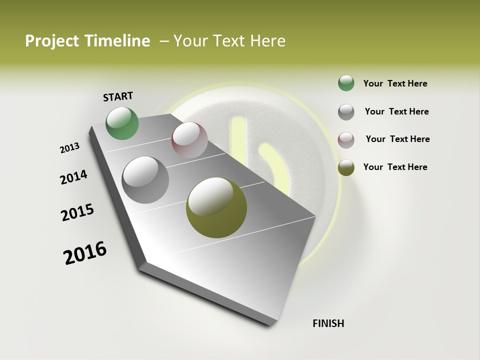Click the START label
[118, 96]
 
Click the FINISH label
[328, 323]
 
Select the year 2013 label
[70, 148]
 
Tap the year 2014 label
[74, 177]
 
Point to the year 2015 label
[77, 212]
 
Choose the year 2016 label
[85, 253]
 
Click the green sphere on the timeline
[122, 123]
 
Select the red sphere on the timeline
[189, 140]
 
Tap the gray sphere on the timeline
[145, 180]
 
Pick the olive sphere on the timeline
[216, 207]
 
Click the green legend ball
[346, 83]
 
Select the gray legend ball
[346, 112]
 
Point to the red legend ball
[346, 139]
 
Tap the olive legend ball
[346, 167]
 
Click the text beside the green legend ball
[395, 83]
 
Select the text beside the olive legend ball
[395, 167]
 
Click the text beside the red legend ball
[397, 139]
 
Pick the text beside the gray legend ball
[396, 111]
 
